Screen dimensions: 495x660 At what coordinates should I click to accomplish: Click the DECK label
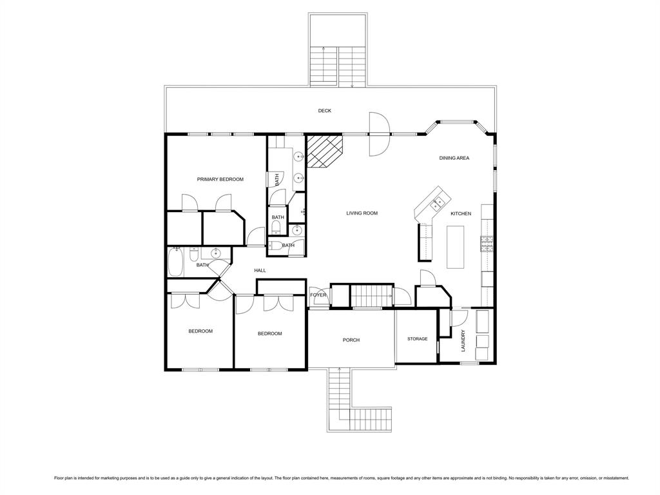tap(324, 111)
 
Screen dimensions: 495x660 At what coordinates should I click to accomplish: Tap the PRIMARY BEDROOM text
tap(220, 179)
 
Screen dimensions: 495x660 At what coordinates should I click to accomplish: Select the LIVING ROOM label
tap(362, 213)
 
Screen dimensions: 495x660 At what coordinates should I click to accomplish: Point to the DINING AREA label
tap(454, 158)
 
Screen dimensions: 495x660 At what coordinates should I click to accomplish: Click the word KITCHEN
tap(460, 214)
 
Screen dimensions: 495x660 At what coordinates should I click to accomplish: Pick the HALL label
tap(260, 271)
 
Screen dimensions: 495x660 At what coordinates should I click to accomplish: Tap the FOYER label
tap(318, 295)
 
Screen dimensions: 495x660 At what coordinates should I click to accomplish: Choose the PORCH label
tap(351, 340)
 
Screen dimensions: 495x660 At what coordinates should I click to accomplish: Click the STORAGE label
tap(417, 339)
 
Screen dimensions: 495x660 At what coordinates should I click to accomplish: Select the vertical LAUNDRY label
tap(463, 341)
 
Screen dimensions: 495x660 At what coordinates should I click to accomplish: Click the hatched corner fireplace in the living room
tap(324, 151)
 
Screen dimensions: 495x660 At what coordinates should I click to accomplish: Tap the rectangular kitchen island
tap(455, 247)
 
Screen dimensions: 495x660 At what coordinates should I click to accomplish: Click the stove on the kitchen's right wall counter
tap(487, 242)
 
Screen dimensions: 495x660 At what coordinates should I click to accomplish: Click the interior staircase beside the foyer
tap(371, 296)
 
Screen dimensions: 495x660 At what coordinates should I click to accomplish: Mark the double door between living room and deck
tap(378, 134)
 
